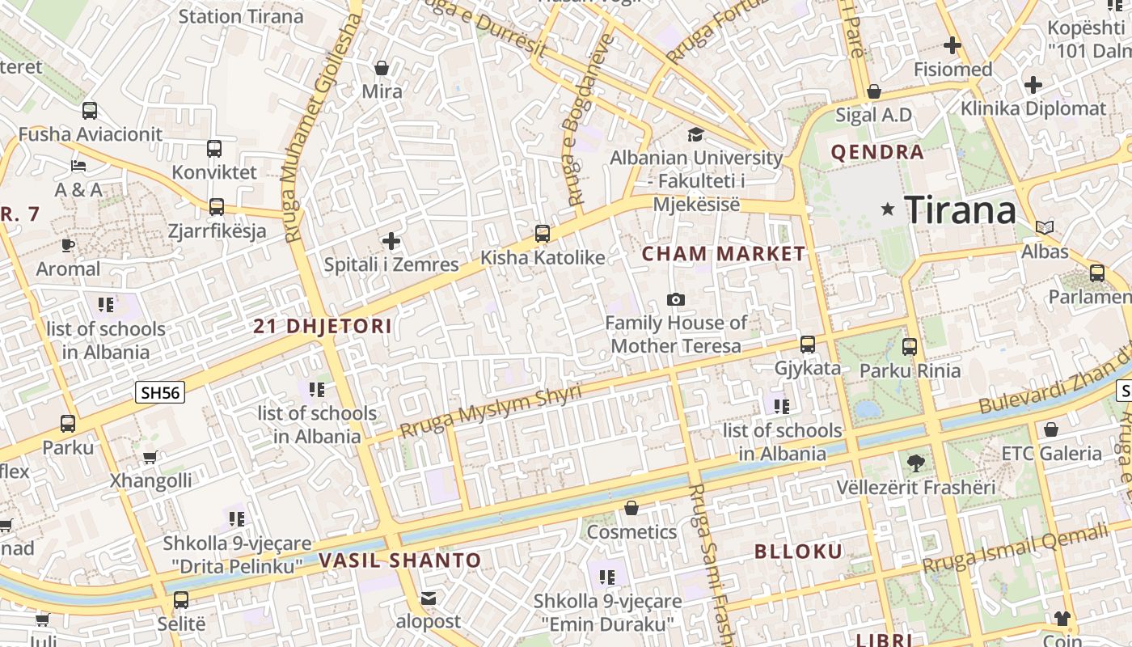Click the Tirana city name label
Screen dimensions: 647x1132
click(960, 210)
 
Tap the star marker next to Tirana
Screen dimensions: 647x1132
click(888, 209)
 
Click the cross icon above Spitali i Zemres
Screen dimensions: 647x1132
click(391, 241)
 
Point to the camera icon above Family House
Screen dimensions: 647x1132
click(676, 300)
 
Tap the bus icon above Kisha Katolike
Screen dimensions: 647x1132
click(543, 234)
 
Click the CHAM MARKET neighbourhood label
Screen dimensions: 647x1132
click(724, 254)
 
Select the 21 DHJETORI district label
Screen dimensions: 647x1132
click(323, 327)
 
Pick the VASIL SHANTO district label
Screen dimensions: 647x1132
click(399, 560)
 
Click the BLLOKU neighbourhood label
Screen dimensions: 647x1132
click(799, 552)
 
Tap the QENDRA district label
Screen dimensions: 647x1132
click(877, 152)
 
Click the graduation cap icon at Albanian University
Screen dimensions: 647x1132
click(695, 134)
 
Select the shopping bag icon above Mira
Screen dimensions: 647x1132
click(382, 68)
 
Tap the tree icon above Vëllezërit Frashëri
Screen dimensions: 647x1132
click(915, 463)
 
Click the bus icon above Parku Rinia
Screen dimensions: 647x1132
click(910, 347)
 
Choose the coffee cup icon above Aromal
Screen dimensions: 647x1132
click(68, 245)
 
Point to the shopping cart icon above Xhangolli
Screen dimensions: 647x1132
click(150, 458)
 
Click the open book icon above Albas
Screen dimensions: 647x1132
click(1045, 228)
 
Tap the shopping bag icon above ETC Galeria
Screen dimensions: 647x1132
click(1051, 429)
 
